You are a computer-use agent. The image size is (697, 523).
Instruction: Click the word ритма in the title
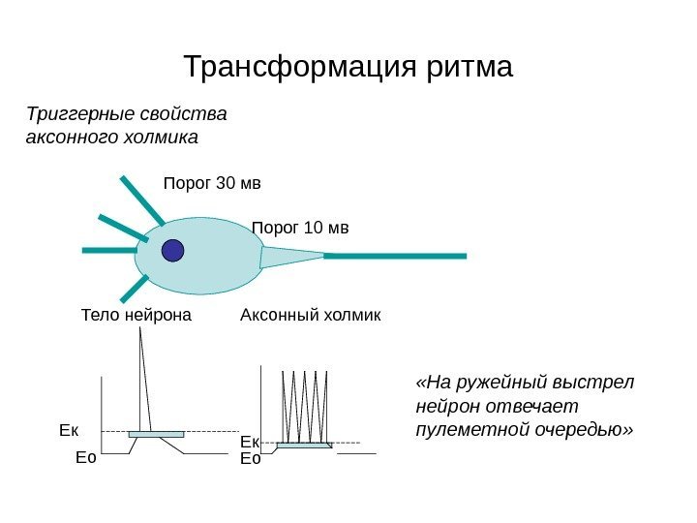[468, 69]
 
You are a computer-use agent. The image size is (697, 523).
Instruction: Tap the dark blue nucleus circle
[172, 250]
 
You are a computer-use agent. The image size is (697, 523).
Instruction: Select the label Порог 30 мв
[212, 182]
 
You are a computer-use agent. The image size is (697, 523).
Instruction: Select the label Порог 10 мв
[300, 229]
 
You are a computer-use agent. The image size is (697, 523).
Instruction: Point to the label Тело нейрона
[136, 316]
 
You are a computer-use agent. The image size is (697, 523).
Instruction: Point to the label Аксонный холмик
[310, 316]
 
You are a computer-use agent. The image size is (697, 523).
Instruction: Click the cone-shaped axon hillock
[289, 257]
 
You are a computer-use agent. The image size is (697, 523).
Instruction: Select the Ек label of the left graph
[68, 427]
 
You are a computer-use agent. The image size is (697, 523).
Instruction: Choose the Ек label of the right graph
[249, 442]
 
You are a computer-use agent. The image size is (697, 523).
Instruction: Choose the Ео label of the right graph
[250, 458]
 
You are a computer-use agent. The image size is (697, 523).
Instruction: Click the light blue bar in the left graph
[156, 434]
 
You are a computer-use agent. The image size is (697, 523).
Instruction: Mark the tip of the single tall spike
[139, 326]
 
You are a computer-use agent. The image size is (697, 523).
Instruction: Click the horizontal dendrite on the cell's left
[110, 251]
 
